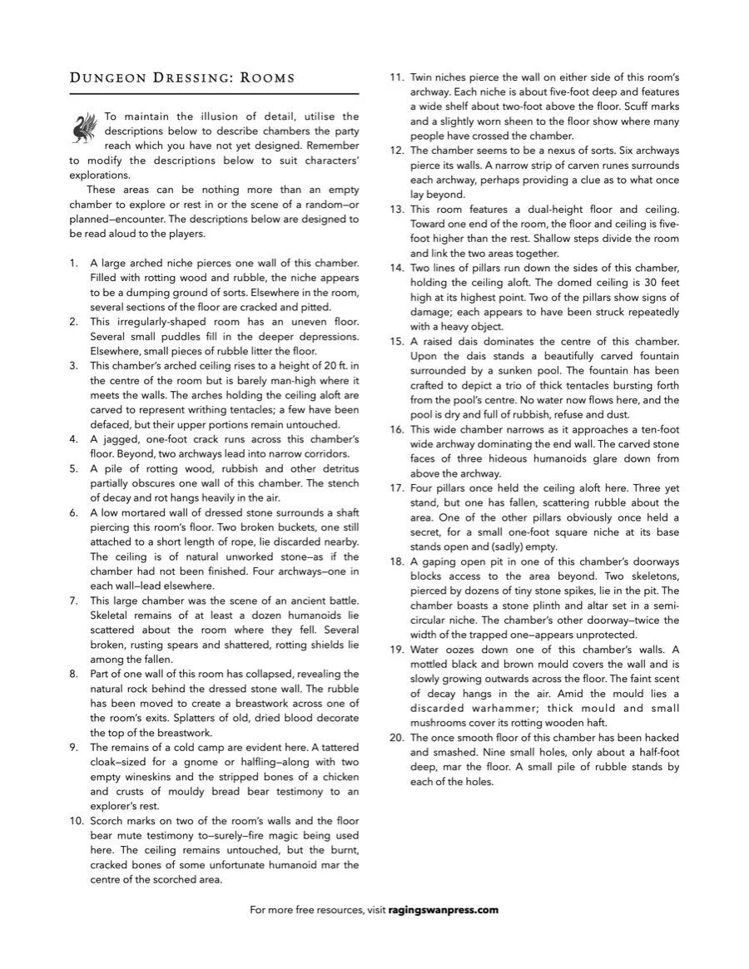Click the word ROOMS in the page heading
[267, 78]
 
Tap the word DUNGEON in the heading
[109, 78]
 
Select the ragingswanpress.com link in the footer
[444, 910]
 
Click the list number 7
[73, 601]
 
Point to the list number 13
[397, 209]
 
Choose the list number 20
[397, 738]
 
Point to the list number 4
[73, 439]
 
